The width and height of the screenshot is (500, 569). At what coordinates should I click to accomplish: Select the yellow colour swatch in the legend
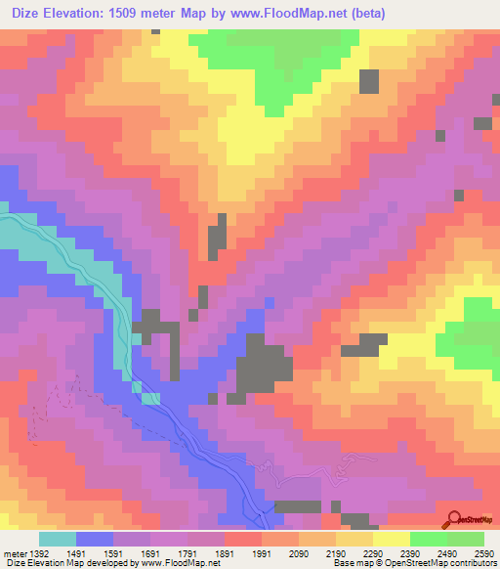pyautogui.click(x=391, y=539)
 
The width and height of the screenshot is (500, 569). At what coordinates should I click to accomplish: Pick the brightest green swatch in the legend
pyautogui.click(x=428, y=539)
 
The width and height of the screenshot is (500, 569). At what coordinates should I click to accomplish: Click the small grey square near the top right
pyautogui.click(x=369, y=81)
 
